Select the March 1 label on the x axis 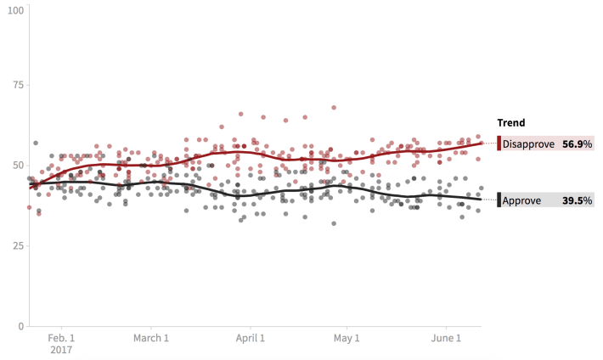click(x=150, y=338)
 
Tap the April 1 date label click(x=251, y=338)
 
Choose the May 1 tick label click(x=347, y=338)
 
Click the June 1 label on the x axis click(x=447, y=338)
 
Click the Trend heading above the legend click(x=510, y=123)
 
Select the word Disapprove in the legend click(x=528, y=144)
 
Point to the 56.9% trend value click(x=577, y=144)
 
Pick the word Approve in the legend click(x=522, y=200)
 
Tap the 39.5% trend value click(x=577, y=200)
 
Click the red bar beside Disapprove click(x=499, y=143)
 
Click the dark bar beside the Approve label click(x=499, y=200)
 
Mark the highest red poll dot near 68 click(x=334, y=108)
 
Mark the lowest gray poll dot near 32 click(x=334, y=223)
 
